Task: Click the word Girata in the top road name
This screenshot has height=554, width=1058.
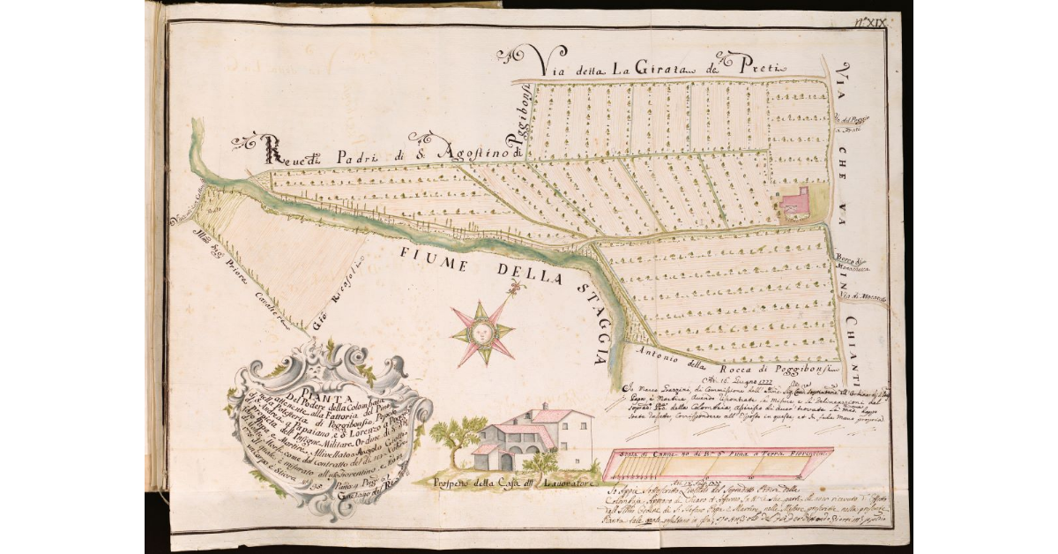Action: click(667, 67)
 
